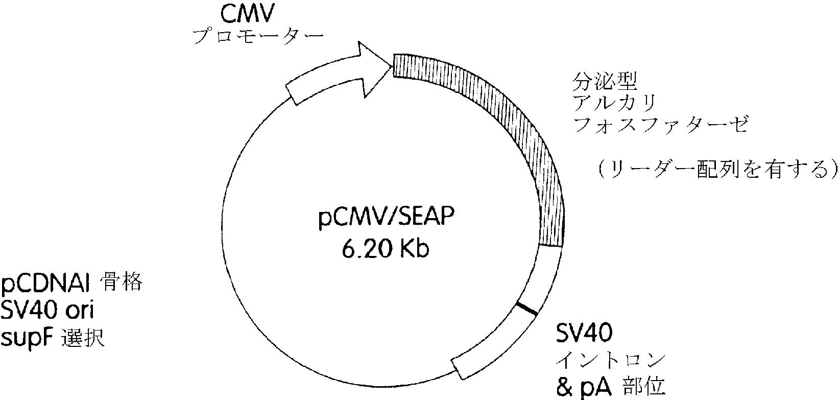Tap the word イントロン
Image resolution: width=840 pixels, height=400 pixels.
[x=611, y=360]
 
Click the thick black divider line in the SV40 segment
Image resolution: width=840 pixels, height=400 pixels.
[x=526, y=309]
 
